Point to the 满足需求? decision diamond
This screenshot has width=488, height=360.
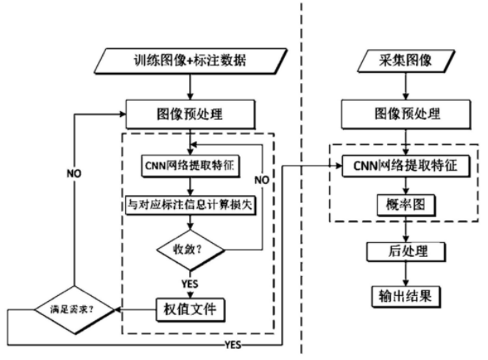click(71, 307)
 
